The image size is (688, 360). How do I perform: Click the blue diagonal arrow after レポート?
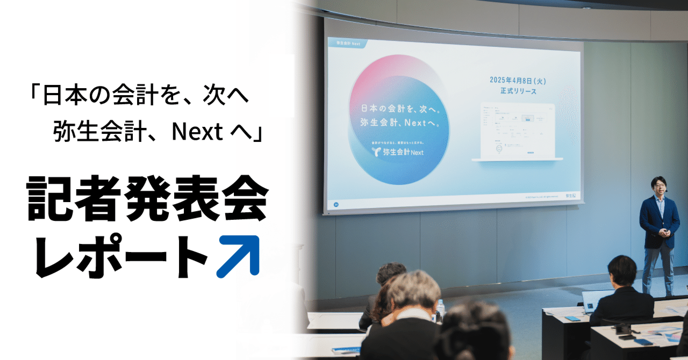pyautogui.click(x=238, y=256)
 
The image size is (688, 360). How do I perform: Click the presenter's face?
pyautogui.click(x=658, y=186)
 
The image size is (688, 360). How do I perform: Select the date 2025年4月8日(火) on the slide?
pyautogui.click(x=514, y=81)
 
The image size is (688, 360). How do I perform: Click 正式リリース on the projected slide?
pyautogui.click(x=514, y=91)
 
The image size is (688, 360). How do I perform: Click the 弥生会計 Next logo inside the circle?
pyautogui.click(x=400, y=152)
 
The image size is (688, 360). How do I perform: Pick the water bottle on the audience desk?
pyautogui.click(x=440, y=309)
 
